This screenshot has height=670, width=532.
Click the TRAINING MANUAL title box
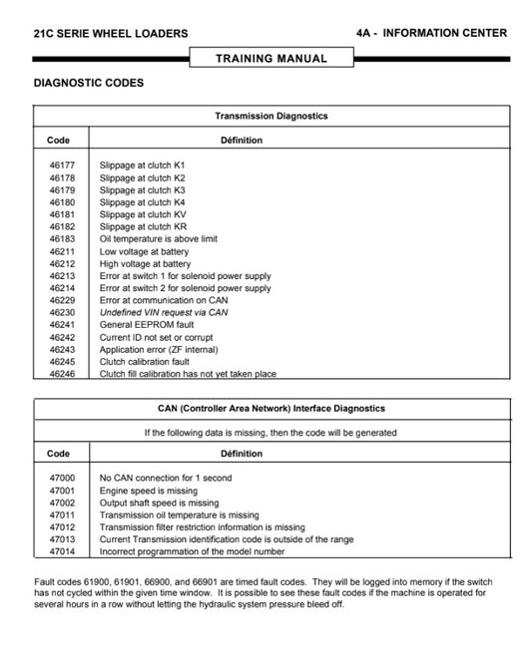(x=271, y=58)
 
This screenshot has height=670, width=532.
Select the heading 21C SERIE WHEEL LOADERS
(x=110, y=33)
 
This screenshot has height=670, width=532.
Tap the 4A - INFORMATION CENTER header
(x=430, y=33)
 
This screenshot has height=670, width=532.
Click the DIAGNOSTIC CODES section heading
(x=88, y=83)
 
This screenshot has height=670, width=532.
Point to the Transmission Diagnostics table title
(x=271, y=116)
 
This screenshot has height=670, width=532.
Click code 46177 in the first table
(x=61, y=165)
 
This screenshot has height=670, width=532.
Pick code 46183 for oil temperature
(x=61, y=239)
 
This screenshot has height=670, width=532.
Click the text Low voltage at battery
(x=144, y=252)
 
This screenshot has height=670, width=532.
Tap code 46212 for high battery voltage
(x=61, y=264)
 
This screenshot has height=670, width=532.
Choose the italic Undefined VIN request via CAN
(x=164, y=312)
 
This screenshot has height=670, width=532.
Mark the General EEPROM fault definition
(x=147, y=324)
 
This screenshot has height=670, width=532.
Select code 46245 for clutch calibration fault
(x=61, y=362)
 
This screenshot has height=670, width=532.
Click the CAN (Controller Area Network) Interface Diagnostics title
(x=271, y=409)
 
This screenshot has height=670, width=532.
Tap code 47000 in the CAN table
(x=61, y=478)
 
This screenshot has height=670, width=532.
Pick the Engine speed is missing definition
(x=150, y=491)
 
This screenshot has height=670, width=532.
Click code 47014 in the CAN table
(x=61, y=551)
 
